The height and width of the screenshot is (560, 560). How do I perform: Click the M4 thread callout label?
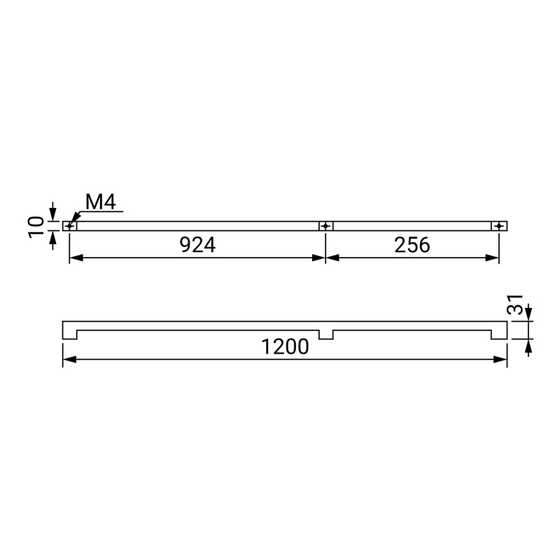[101, 202]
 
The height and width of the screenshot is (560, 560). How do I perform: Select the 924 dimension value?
[197, 245]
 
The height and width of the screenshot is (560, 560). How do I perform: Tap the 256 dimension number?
[412, 245]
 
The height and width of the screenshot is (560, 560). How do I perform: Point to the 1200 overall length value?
[285, 346]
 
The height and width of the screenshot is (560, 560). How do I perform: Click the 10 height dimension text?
[36, 226]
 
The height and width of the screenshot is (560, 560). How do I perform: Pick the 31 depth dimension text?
[515, 304]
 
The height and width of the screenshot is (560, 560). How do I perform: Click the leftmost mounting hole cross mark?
[69, 226]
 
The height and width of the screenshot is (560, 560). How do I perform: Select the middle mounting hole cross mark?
[325, 226]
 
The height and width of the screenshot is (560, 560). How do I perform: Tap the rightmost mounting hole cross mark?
[499, 226]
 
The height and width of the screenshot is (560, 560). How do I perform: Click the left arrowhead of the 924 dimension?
[76, 258]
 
